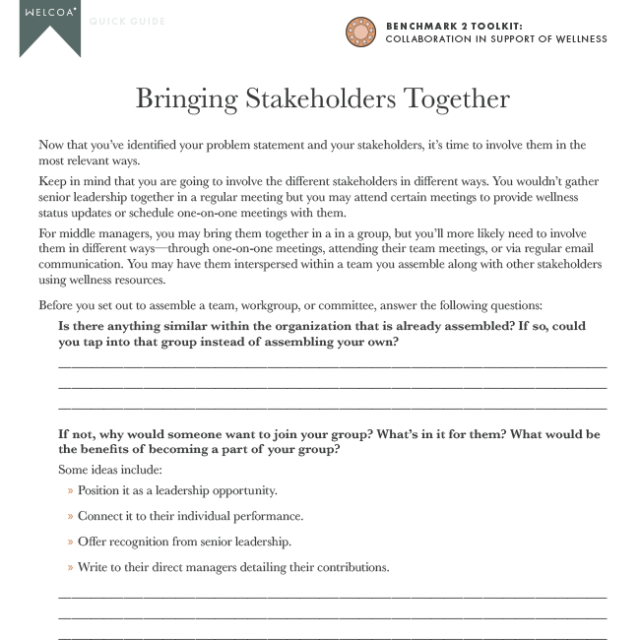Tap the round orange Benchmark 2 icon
[x=361, y=32]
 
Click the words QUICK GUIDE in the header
[x=128, y=21]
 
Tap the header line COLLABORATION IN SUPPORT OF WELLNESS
[x=495, y=39]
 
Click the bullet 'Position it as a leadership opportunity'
[x=177, y=490]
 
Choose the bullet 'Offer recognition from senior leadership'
[x=184, y=542]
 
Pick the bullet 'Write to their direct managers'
[x=233, y=567]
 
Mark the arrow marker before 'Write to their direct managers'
[x=70, y=568]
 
